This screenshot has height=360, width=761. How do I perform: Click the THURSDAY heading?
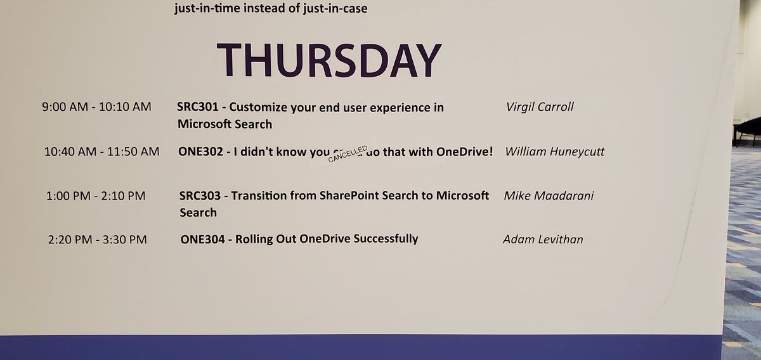coord(329,61)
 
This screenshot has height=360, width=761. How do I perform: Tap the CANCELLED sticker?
coord(348,155)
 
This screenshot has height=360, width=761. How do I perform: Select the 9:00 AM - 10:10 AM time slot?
coord(96,107)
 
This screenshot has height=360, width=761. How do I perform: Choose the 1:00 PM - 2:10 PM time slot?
coord(96,196)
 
